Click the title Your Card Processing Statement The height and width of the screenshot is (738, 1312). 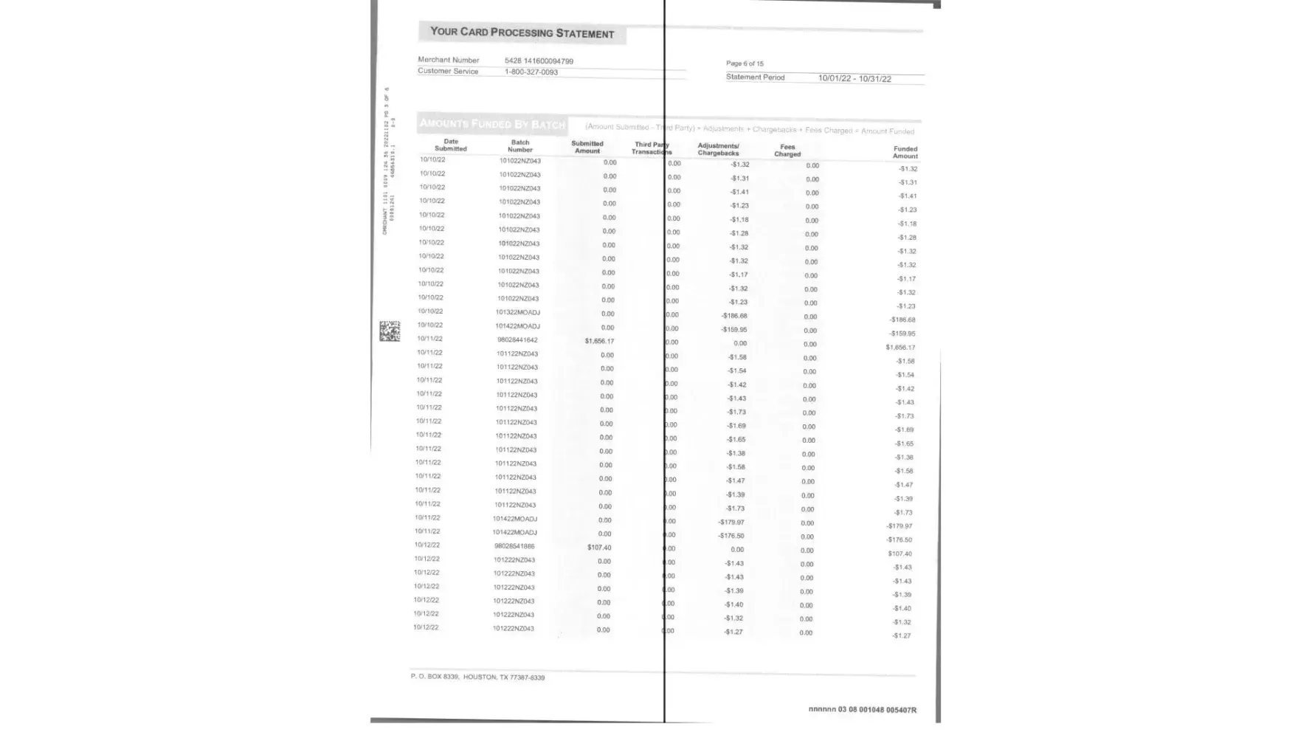(522, 32)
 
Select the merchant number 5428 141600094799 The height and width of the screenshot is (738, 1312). (539, 61)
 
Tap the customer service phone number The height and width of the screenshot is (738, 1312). (531, 72)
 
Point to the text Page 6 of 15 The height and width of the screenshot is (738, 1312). (745, 63)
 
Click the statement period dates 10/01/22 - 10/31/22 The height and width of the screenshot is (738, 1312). (854, 79)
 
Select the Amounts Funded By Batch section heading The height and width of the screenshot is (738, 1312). (491, 124)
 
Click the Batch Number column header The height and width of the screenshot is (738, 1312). (519, 145)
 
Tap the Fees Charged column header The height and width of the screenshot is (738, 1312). (787, 151)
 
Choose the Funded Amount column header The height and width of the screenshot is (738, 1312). (905, 152)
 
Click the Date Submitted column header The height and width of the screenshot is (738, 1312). (450, 145)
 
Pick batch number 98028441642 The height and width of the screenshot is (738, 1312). (517, 340)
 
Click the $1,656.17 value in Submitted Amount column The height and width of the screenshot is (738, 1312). (598, 342)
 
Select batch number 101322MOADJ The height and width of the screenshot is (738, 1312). (517, 312)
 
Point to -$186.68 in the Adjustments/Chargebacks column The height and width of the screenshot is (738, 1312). (733, 316)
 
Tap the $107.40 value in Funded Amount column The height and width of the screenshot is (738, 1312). (900, 553)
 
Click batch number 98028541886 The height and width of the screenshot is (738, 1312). (514, 546)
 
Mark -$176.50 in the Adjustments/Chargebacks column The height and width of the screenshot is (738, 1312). (731, 536)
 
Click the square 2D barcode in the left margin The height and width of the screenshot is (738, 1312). (390, 331)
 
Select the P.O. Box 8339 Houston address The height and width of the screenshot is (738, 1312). (477, 677)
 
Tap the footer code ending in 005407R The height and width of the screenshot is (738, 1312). (862, 710)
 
